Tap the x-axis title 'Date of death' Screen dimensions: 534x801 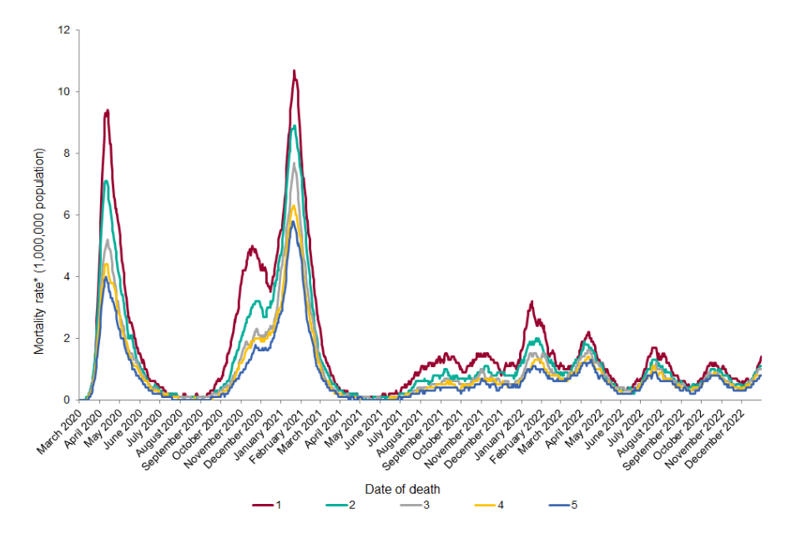coord(401,489)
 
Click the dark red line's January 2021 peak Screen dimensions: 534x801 coord(294,71)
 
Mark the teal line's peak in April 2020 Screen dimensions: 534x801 coord(105,181)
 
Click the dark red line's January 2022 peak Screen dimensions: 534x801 coord(531,302)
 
